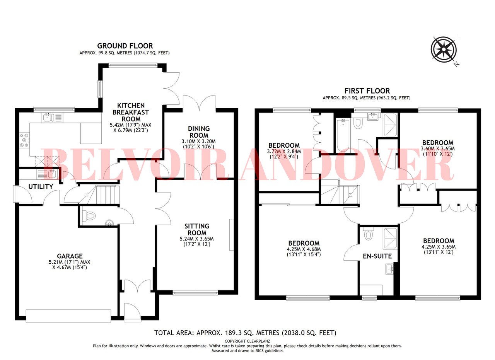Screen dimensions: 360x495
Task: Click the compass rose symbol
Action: coord(444,49)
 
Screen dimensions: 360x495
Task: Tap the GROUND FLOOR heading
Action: coord(125,46)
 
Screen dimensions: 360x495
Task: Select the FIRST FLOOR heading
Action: coord(367,91)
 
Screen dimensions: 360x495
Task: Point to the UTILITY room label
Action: coord(41,187)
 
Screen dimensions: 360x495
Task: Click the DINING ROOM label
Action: coord(199,132)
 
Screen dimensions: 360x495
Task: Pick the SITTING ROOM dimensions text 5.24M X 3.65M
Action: coord(197,239)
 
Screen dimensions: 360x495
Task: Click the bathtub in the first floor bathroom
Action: coord(343,135)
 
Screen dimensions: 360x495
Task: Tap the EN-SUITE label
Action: coord(377,256)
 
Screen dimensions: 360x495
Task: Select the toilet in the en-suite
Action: coord(369,234)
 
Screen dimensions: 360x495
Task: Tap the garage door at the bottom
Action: coord(68,316)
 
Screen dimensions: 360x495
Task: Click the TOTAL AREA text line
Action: coord(245,333)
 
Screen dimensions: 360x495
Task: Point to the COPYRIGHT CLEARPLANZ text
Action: coord(247,341)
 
